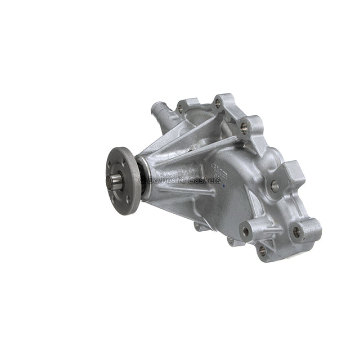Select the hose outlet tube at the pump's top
point(160,109)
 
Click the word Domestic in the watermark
point(166,181)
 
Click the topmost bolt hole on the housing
point(218,103)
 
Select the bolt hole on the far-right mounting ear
point(296,231)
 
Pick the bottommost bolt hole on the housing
point(262,251)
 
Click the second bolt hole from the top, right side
point(244,127)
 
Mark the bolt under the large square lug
point(274,186)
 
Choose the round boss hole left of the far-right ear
point(246,230)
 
